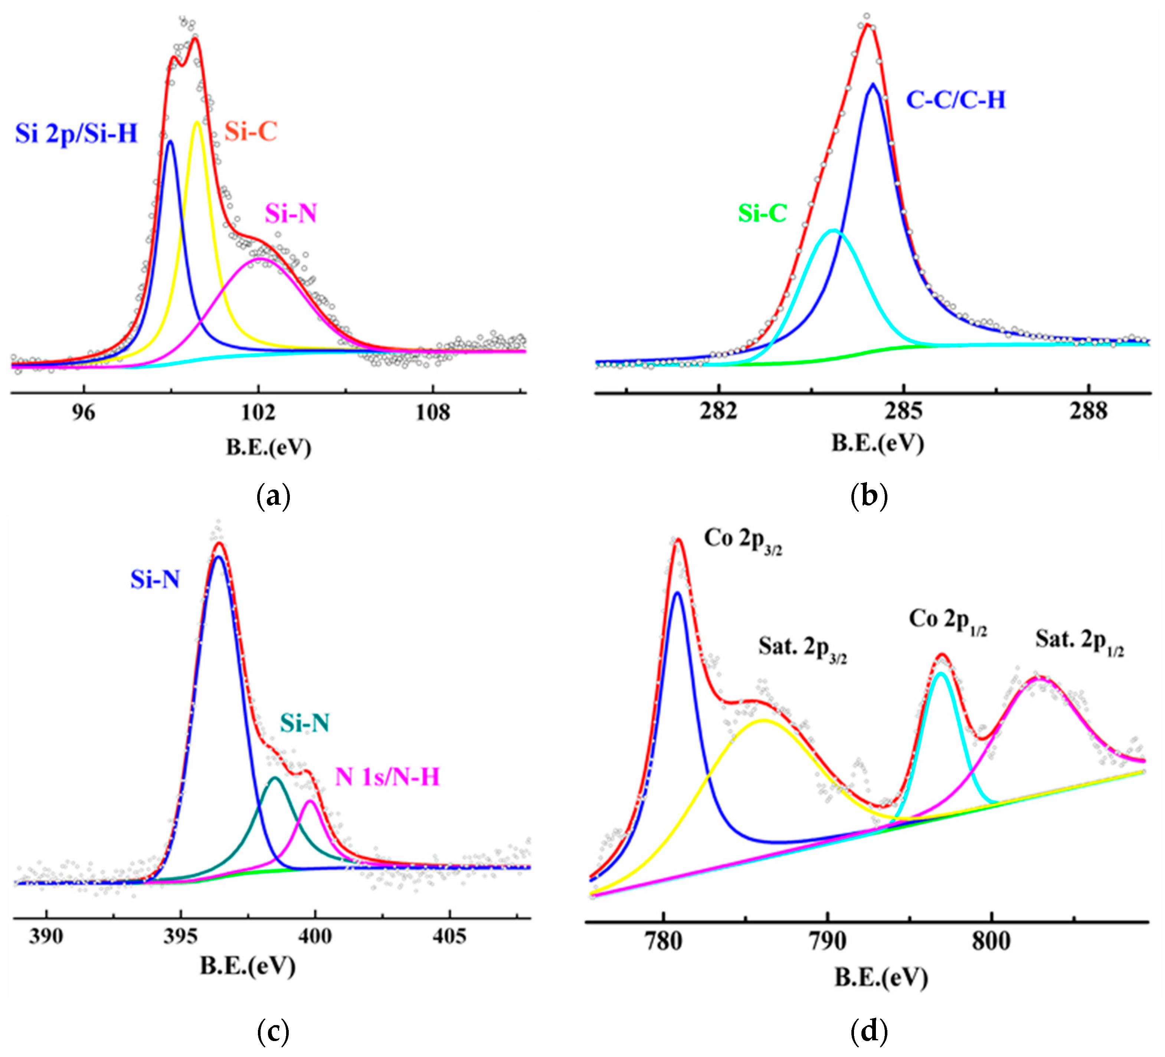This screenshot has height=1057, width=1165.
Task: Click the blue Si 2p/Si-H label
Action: [x=76, y=134]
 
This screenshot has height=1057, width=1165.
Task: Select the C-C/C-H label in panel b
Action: [x=956, y=100]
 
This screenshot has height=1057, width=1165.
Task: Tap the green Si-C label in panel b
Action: [x=762, y=214]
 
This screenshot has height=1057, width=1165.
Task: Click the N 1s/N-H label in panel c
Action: [x=387, y=777]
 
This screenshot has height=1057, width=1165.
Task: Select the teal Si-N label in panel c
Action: [x=305, y=723]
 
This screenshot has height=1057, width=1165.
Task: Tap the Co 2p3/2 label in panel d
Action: [x=743, y=540]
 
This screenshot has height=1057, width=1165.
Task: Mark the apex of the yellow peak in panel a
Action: [x=197, y=122]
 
